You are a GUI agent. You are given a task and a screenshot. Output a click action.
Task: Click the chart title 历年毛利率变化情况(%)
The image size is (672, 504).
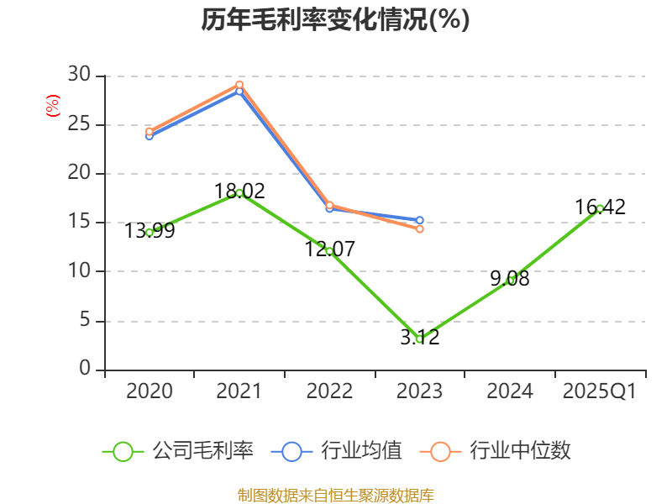[x=335, y=19]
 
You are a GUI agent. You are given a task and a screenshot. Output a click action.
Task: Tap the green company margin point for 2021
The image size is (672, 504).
[x=239, y=192]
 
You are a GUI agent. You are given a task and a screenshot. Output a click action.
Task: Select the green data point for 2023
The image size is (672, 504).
[x=419, y=339]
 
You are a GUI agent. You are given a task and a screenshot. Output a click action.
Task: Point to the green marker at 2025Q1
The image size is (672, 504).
[x=600, y=208]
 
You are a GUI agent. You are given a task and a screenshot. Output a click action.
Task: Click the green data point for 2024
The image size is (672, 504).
[x=510, y=280]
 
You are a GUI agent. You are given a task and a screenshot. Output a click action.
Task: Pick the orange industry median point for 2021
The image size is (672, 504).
[x=239, y=84]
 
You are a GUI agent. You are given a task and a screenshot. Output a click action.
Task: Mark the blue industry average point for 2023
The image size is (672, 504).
[x=419, y=220]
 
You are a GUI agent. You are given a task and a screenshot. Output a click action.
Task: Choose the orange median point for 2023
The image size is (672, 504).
[x=419, y=228]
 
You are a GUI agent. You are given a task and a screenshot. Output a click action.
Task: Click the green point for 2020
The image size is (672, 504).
[x=150, y=232]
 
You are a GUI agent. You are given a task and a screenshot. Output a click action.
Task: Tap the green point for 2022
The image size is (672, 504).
[x=329, y=251]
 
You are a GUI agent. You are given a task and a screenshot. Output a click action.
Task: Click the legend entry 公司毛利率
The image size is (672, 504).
[x=178, y=451]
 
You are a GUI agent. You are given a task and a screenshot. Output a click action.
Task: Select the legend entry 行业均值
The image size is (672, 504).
[x=337, y=451]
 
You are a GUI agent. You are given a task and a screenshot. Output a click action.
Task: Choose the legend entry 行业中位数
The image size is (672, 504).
[x=501, y=451]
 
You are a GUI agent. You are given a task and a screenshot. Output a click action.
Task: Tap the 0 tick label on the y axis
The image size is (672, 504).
[x=85, y=369]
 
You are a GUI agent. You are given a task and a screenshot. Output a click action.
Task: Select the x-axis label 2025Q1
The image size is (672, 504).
[x=600, y=391]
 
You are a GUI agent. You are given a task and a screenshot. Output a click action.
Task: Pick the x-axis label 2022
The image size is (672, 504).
[x=329, y=391]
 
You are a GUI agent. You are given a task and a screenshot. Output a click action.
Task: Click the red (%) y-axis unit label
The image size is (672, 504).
[x=53, y=106]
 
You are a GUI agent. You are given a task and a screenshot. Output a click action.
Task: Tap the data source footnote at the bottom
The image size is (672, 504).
[x=335, y=495]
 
